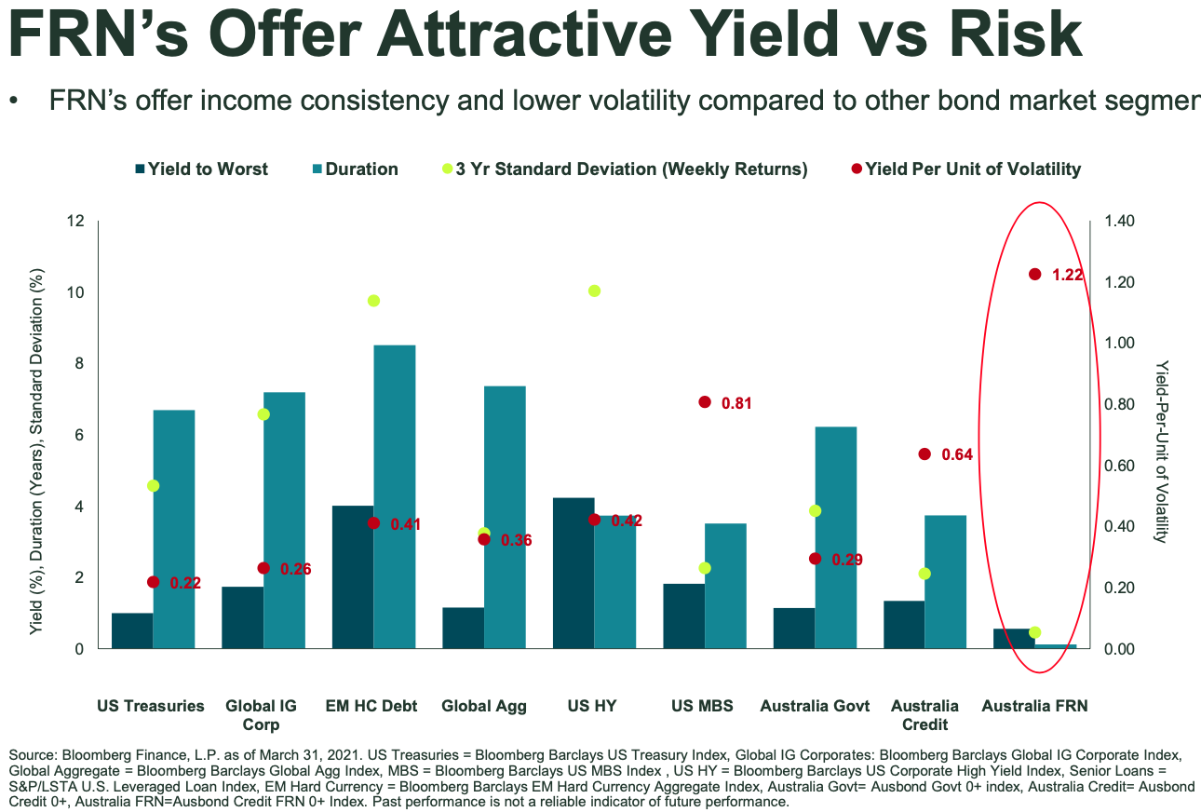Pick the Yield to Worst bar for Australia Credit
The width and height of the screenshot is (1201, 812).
tap(904, 625)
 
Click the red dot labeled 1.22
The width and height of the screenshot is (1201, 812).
tap(1034, 274)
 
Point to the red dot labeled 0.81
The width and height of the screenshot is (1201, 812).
tap(705, 402)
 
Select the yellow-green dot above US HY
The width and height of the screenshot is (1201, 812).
tap(595, 291)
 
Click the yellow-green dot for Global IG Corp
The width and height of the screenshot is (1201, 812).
tap(263, 414)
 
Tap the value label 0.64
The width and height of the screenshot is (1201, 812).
tap(957, 454)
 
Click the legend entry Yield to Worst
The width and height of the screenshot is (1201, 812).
tap(201, 169)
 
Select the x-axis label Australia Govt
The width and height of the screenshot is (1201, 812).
tap(815, 706)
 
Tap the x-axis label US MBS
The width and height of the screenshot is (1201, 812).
tap(702, 706)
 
